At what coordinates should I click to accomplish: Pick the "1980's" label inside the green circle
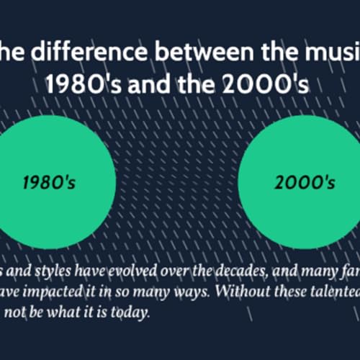tap(49, 182)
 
